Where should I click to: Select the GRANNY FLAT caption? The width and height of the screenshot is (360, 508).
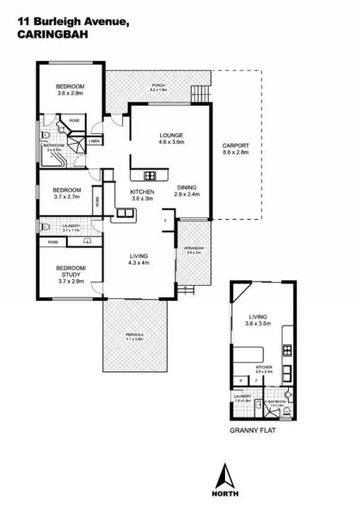[252, 430]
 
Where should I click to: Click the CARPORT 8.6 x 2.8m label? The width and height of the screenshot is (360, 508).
[236, 149]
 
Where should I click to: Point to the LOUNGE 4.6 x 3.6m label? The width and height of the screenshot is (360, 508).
[172, 138]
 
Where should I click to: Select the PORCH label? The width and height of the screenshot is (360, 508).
[157, 88]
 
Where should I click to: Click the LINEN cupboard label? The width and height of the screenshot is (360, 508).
[94, 141]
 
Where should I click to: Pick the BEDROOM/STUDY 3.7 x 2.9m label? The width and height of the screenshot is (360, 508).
[71, 274]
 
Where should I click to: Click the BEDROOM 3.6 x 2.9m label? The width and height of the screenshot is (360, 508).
[70, 90]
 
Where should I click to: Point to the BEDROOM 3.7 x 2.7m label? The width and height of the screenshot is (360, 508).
[67, 193]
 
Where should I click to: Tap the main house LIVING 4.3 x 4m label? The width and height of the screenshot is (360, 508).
[138, 259]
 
